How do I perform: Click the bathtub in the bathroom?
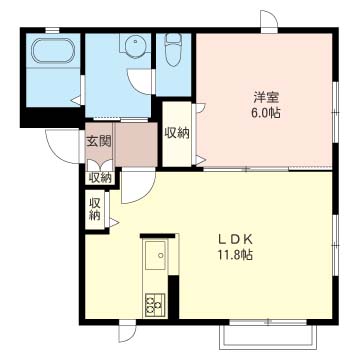53,51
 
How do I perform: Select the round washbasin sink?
135,44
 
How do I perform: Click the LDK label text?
236,239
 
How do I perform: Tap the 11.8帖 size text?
236,255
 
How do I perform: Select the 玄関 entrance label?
99,142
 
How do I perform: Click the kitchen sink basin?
155,255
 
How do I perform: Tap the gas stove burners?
155,305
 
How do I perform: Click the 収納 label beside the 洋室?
177,133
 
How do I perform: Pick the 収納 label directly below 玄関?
99,179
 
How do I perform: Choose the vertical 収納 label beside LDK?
95,209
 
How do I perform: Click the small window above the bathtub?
52,31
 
